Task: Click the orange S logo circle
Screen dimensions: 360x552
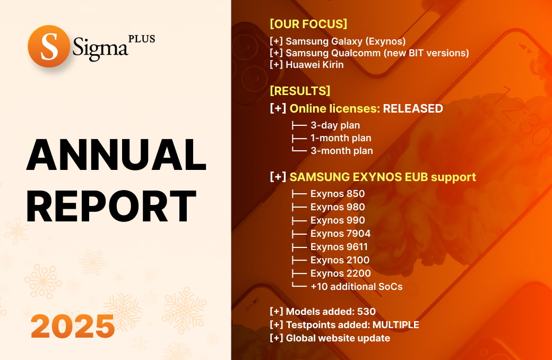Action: click(49, 46)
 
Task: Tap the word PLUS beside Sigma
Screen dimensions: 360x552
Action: click(142, 39)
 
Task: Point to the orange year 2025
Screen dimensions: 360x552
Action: click(73, 326)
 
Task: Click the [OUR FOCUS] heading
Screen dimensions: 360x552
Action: click(308, 24)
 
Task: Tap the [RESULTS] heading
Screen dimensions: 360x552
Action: click(300, 90)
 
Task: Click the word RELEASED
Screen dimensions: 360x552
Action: click(413, 109)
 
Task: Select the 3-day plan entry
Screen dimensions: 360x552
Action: click(335, 125)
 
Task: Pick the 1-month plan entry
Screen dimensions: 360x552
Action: click(341, 138)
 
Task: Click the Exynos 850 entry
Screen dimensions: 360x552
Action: click(338, 194)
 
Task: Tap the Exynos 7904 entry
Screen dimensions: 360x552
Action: click(340, 234)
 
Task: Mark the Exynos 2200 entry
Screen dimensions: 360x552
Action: click(340, 273)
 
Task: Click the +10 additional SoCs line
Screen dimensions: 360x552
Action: click(356, 287)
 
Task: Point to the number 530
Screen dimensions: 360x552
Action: click(366, 312)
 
